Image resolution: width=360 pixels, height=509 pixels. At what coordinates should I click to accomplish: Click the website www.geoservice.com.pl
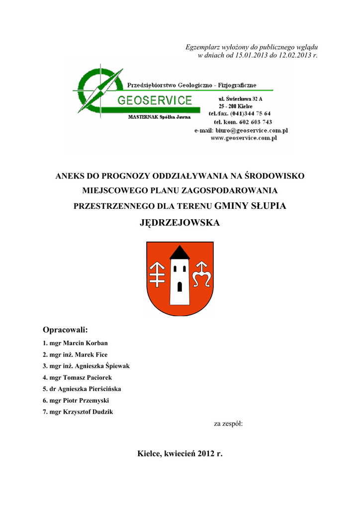244,138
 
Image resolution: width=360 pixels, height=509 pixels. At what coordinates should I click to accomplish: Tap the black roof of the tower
180,253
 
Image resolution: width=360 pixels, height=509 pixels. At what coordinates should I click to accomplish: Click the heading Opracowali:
65,330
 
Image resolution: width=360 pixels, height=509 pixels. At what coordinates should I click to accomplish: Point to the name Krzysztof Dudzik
88,412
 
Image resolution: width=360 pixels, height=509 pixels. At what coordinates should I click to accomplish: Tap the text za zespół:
228,424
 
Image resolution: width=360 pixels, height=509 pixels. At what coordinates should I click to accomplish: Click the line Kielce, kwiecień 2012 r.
180,453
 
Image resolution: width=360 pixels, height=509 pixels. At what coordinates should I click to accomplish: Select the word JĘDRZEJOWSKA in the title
180,223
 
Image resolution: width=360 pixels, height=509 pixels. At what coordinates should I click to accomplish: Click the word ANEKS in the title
69,176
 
